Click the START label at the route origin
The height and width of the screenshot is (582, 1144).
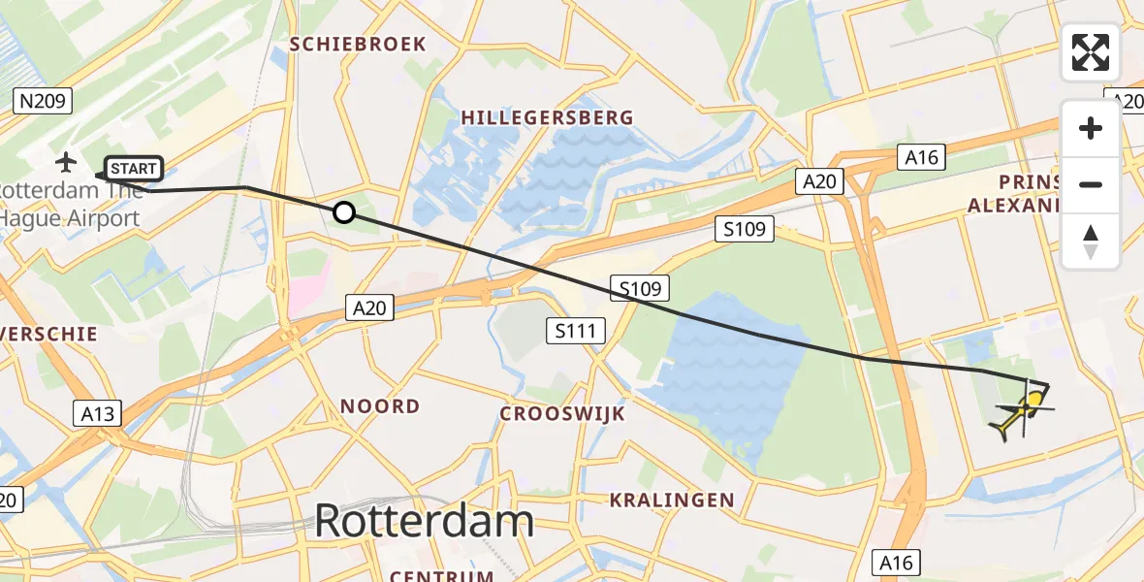134,169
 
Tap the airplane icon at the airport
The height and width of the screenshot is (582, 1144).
66,161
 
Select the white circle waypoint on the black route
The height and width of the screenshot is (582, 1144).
344,212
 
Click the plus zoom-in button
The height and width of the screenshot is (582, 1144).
1091,128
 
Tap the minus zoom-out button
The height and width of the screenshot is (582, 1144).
1091,184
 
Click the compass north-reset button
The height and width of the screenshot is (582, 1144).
1091,241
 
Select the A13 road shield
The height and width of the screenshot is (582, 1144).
97,414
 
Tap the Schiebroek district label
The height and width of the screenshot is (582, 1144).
358,45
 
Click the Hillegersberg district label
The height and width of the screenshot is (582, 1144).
547,117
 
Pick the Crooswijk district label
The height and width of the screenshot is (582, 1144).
562,414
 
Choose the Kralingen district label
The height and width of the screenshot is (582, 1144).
671,501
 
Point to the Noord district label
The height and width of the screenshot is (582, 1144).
379,406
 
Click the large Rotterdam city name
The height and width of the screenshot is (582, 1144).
424,522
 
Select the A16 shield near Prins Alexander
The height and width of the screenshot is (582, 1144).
921,157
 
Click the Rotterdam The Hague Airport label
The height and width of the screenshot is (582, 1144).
70,204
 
